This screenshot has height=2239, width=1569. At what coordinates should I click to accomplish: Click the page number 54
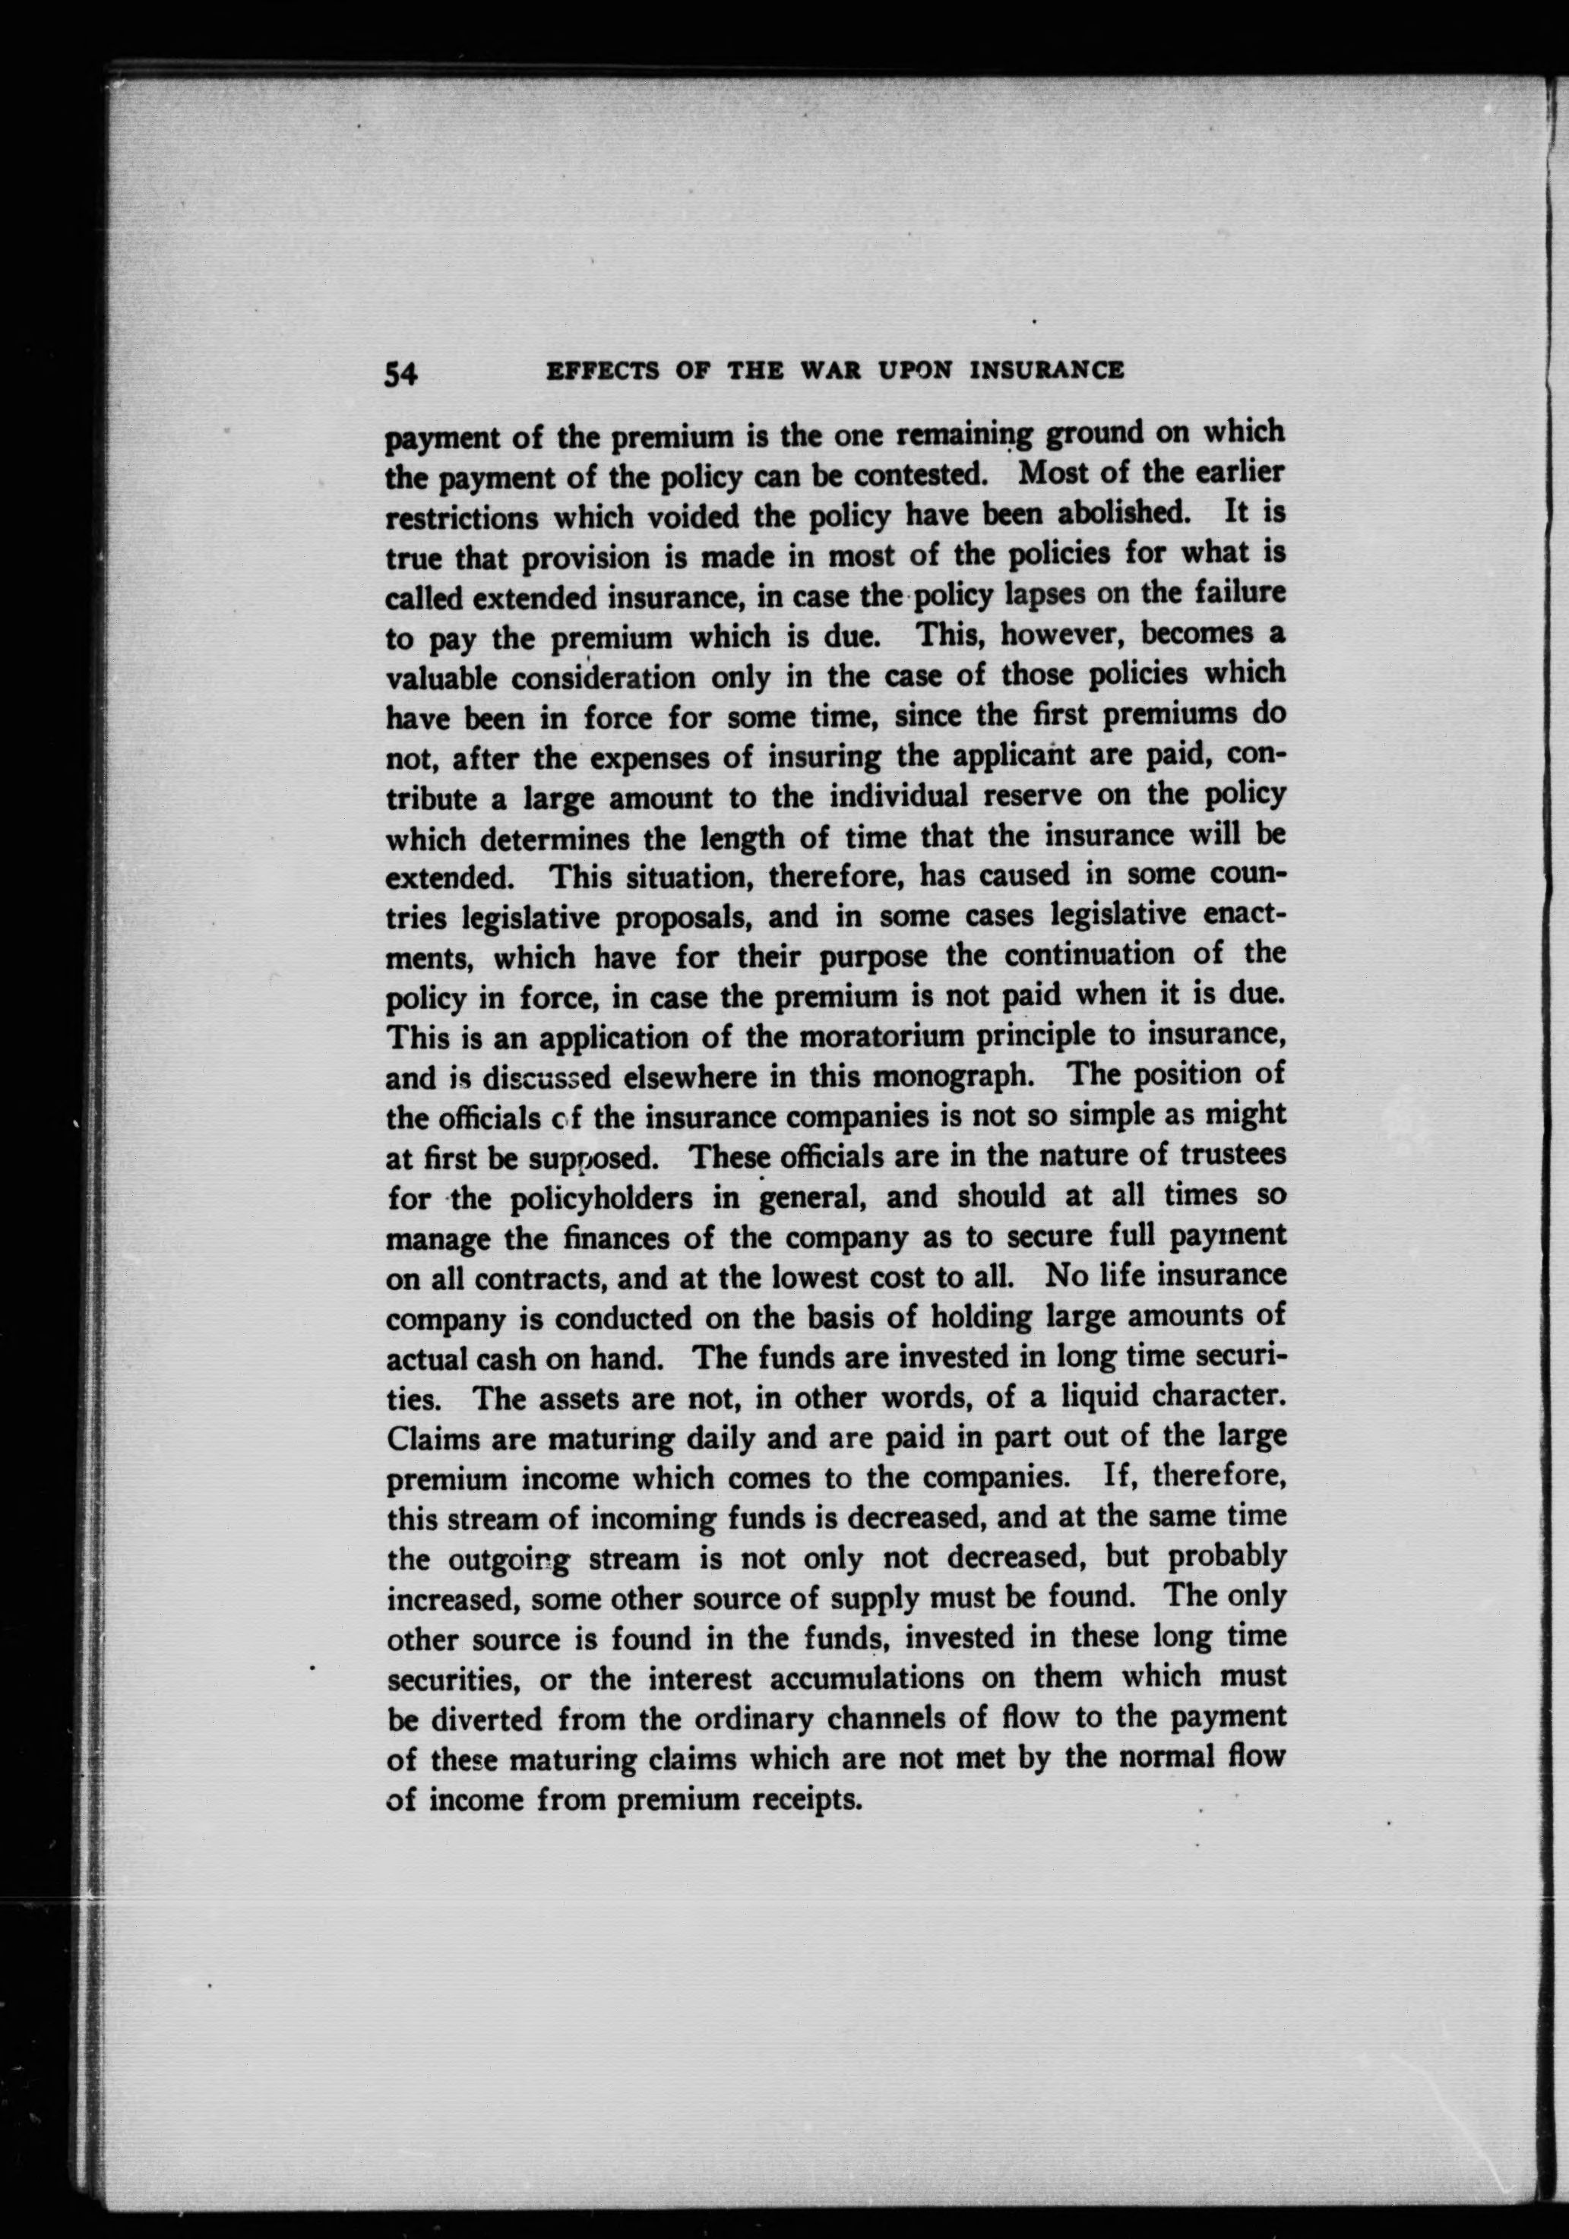[400, 374]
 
